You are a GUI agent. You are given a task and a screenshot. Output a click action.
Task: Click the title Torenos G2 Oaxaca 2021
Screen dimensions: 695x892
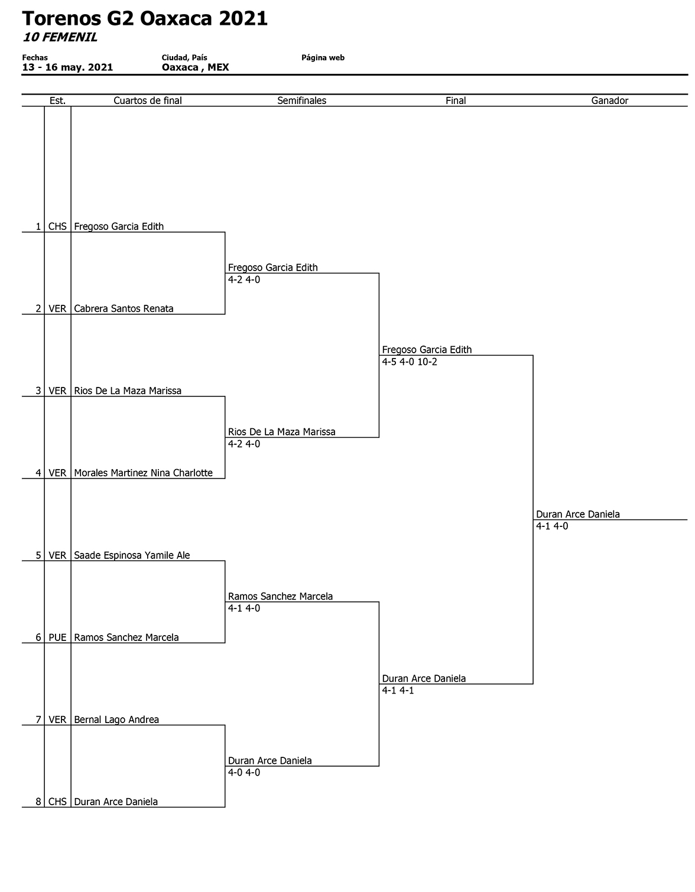[145, 19]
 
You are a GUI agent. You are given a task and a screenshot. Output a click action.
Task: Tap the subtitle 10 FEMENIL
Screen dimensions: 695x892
[60, 37]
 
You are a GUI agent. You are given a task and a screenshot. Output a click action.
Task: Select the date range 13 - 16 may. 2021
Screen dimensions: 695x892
[67, 67]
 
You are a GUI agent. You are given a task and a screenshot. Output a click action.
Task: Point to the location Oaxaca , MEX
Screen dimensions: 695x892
[196, 67]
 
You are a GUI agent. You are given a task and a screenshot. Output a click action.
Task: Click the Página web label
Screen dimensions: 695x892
[323, 57]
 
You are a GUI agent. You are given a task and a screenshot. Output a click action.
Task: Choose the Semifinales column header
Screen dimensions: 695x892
[302, 100]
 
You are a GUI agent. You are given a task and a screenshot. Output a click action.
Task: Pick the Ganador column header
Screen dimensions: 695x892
[610, 100]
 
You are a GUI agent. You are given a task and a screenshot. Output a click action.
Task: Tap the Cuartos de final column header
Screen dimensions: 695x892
[147, 100]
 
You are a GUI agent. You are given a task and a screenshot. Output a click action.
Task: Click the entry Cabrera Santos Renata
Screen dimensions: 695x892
[124, 309]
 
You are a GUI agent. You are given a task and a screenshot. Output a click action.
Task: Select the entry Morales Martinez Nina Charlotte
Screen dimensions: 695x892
[143, 473]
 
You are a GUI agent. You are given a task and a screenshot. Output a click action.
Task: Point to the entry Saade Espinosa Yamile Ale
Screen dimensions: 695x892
[132, 555]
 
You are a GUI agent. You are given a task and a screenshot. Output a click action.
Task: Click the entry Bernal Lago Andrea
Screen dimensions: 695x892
[116, 720]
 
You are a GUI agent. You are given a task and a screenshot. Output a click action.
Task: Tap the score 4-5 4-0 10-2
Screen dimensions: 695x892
[410, 362]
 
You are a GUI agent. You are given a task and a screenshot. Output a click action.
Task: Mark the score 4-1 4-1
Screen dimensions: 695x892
[398, 691]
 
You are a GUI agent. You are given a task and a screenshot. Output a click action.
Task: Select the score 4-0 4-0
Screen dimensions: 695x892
[244, 773]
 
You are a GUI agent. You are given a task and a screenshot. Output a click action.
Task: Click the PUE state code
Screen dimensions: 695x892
[57, 637]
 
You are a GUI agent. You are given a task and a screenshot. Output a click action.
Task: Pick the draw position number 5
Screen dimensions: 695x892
[38, 555]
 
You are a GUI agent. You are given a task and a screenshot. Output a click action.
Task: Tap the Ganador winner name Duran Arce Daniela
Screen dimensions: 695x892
[577, 515]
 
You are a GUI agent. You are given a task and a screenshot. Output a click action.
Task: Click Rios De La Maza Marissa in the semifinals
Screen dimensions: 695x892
[282, 432]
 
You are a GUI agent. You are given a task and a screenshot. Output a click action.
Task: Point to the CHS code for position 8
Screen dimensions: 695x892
[57, 802]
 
